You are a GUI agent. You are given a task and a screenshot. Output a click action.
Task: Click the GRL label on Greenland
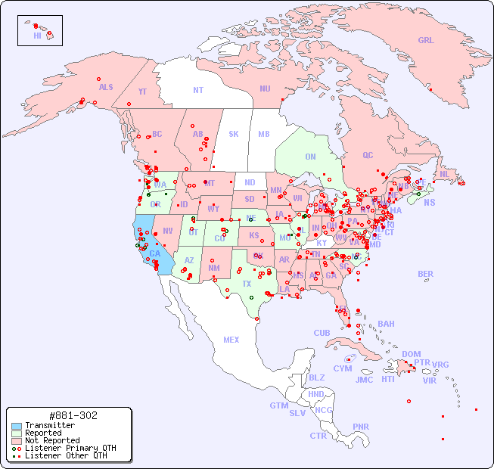(426, 41)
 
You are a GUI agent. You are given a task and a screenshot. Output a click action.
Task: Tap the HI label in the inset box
(37, 36)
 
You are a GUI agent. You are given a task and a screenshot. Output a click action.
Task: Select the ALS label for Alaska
(106, 88)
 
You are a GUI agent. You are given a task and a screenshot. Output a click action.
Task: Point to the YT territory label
(142, 92)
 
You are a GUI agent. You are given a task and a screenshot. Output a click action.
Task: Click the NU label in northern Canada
(265, 89)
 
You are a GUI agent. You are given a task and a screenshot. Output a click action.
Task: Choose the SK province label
(234, 135)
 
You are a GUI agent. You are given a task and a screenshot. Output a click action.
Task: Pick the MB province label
(263, 135)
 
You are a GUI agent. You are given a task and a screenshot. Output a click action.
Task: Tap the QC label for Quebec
(368, 156)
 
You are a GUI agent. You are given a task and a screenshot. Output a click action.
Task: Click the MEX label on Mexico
(231, 340)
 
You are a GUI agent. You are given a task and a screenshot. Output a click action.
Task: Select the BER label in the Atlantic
(426, 275)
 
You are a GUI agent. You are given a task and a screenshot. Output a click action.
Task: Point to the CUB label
(322, 334)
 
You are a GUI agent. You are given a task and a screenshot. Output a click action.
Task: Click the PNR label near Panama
(361, 427)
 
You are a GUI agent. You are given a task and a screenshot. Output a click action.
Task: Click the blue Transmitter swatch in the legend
(16, 426)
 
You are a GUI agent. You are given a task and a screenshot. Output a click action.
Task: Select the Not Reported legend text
(51, 440)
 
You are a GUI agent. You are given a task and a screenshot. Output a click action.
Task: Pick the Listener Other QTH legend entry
(65, 455)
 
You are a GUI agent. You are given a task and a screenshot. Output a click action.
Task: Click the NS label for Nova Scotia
(430, 203)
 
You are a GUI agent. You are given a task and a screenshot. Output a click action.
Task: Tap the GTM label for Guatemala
(278, 406)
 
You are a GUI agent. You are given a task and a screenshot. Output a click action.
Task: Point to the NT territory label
(198, 90)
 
